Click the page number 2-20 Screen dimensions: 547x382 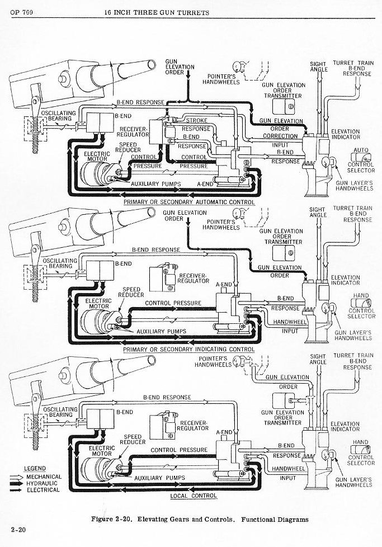tap(16, 529)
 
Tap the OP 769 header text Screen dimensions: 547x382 tap(21, 12)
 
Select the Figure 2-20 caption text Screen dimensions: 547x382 tap(200, 519)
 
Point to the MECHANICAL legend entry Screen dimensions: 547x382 tap(44, 475)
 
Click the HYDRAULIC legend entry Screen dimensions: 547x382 tap(43, 483)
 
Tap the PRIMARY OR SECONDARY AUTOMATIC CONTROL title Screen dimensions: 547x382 tap(189, 202)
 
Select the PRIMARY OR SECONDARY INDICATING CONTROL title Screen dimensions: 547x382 tap(189, 350)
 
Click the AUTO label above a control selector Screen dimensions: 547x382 tap(361, 150)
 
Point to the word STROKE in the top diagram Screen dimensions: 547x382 tap(196, 120)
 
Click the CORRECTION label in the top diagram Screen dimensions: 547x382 tap(281, 136)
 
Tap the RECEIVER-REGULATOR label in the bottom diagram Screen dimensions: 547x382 tap(192, 425)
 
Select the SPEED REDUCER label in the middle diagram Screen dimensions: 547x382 tap(131, 293)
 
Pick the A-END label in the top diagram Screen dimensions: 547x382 tap(205, 183)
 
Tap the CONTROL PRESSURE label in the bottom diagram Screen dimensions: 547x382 tap(179, 450)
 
